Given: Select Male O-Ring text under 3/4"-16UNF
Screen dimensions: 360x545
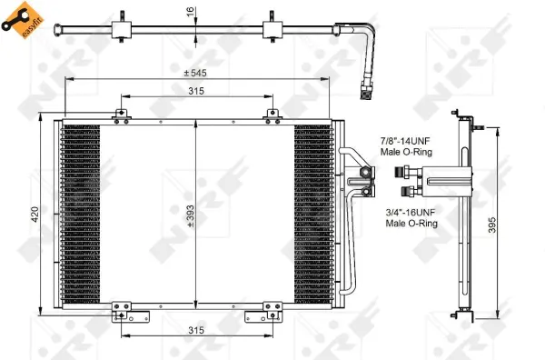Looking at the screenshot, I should [x=406, y=223].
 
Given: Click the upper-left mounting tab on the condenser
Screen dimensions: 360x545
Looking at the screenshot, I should [x=119, y=114].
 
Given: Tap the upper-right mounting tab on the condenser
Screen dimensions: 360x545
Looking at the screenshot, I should [x=270, y=114].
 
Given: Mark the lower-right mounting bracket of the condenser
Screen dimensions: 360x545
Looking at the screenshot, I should [x=270, y=312].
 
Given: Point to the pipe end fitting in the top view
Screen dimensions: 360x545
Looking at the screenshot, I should [x=366, y=89].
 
